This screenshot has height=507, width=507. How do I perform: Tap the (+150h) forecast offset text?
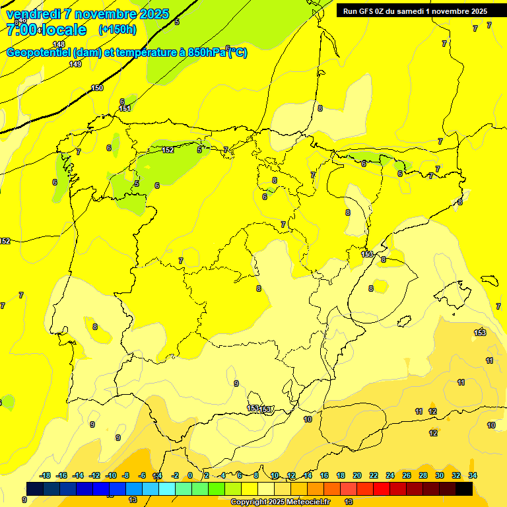click(118, 30)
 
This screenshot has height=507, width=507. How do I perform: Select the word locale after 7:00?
click(64, 30)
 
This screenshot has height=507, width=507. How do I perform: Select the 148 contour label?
click(59, 44)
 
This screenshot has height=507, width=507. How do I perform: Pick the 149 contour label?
click(75, 64)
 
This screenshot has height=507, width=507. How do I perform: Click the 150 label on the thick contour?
click(97, 88)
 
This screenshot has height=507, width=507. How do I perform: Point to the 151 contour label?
click(125, 108)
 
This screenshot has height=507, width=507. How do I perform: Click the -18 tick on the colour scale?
click(45, 475)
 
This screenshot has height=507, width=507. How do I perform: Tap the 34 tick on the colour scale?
click(473, 475)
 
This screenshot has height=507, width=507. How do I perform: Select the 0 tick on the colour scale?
click(189, 475)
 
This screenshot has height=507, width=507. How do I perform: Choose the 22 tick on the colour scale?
click(374, 475)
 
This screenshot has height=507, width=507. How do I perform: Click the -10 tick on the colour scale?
click(110, 475)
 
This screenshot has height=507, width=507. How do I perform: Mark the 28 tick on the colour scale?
click(423, 475)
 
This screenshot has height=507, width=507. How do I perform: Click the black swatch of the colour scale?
click(464, 488)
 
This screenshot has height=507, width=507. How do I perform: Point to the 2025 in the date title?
click(151, 14)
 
